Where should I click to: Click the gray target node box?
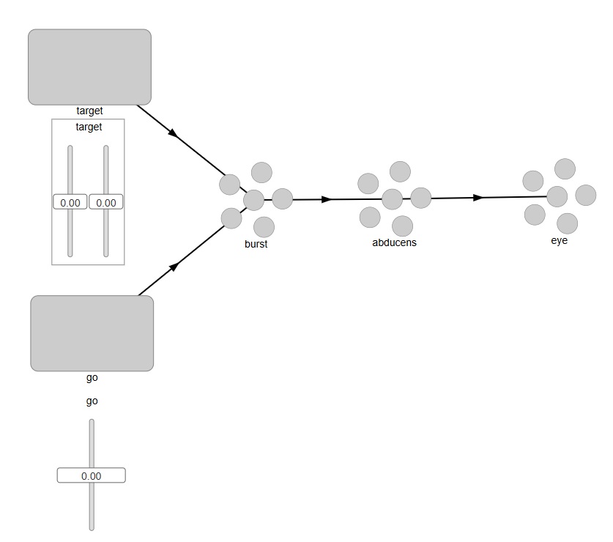[x=89, y=67]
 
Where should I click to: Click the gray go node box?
[x=92, y=333]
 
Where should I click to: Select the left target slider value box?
[x=70, y=202]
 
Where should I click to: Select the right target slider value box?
[x=106, y=202]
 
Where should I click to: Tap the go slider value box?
[x=92, y=475]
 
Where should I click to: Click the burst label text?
[x=256, y=244]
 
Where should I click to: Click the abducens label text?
[x=394, y=242]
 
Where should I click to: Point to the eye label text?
[x=559, y=240]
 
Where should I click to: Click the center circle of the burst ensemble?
[x=253, y=199]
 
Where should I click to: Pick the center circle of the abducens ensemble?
[x=393, y=198]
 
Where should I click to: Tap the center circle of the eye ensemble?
[x=557, y=196]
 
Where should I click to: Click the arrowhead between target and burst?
[x=174, y=133]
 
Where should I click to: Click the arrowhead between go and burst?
[x=174, y=267]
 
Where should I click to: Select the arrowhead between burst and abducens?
[x=327, y=199]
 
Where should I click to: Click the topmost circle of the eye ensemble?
[x=565, y=168]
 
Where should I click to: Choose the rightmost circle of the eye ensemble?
[x=586, y=195]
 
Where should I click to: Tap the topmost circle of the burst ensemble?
[x=261, y=172]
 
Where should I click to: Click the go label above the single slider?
[x=92, y=401]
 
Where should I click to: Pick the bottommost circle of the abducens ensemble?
[x=402, y=226]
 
